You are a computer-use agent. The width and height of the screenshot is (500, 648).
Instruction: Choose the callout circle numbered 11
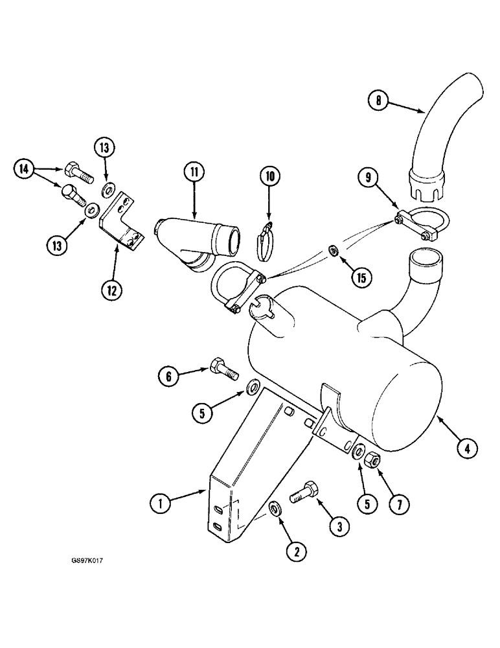[193, 172]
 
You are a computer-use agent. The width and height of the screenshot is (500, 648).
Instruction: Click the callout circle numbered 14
[24, 170]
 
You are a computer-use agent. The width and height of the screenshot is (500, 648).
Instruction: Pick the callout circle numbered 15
[361, 278]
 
